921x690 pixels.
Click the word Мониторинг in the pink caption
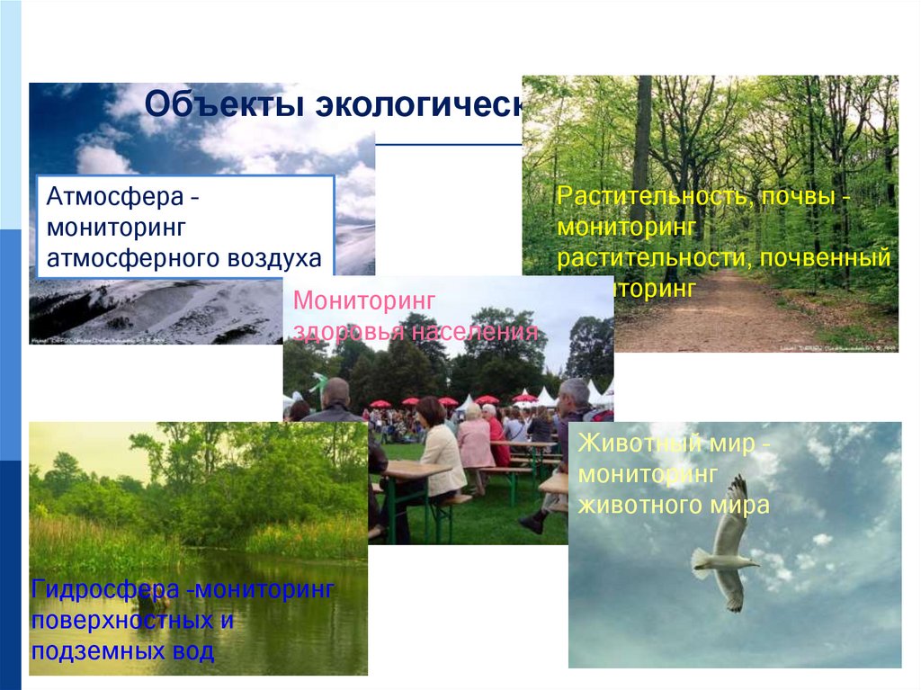coord(365,300)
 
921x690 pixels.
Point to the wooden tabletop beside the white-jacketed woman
coord(414,470)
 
